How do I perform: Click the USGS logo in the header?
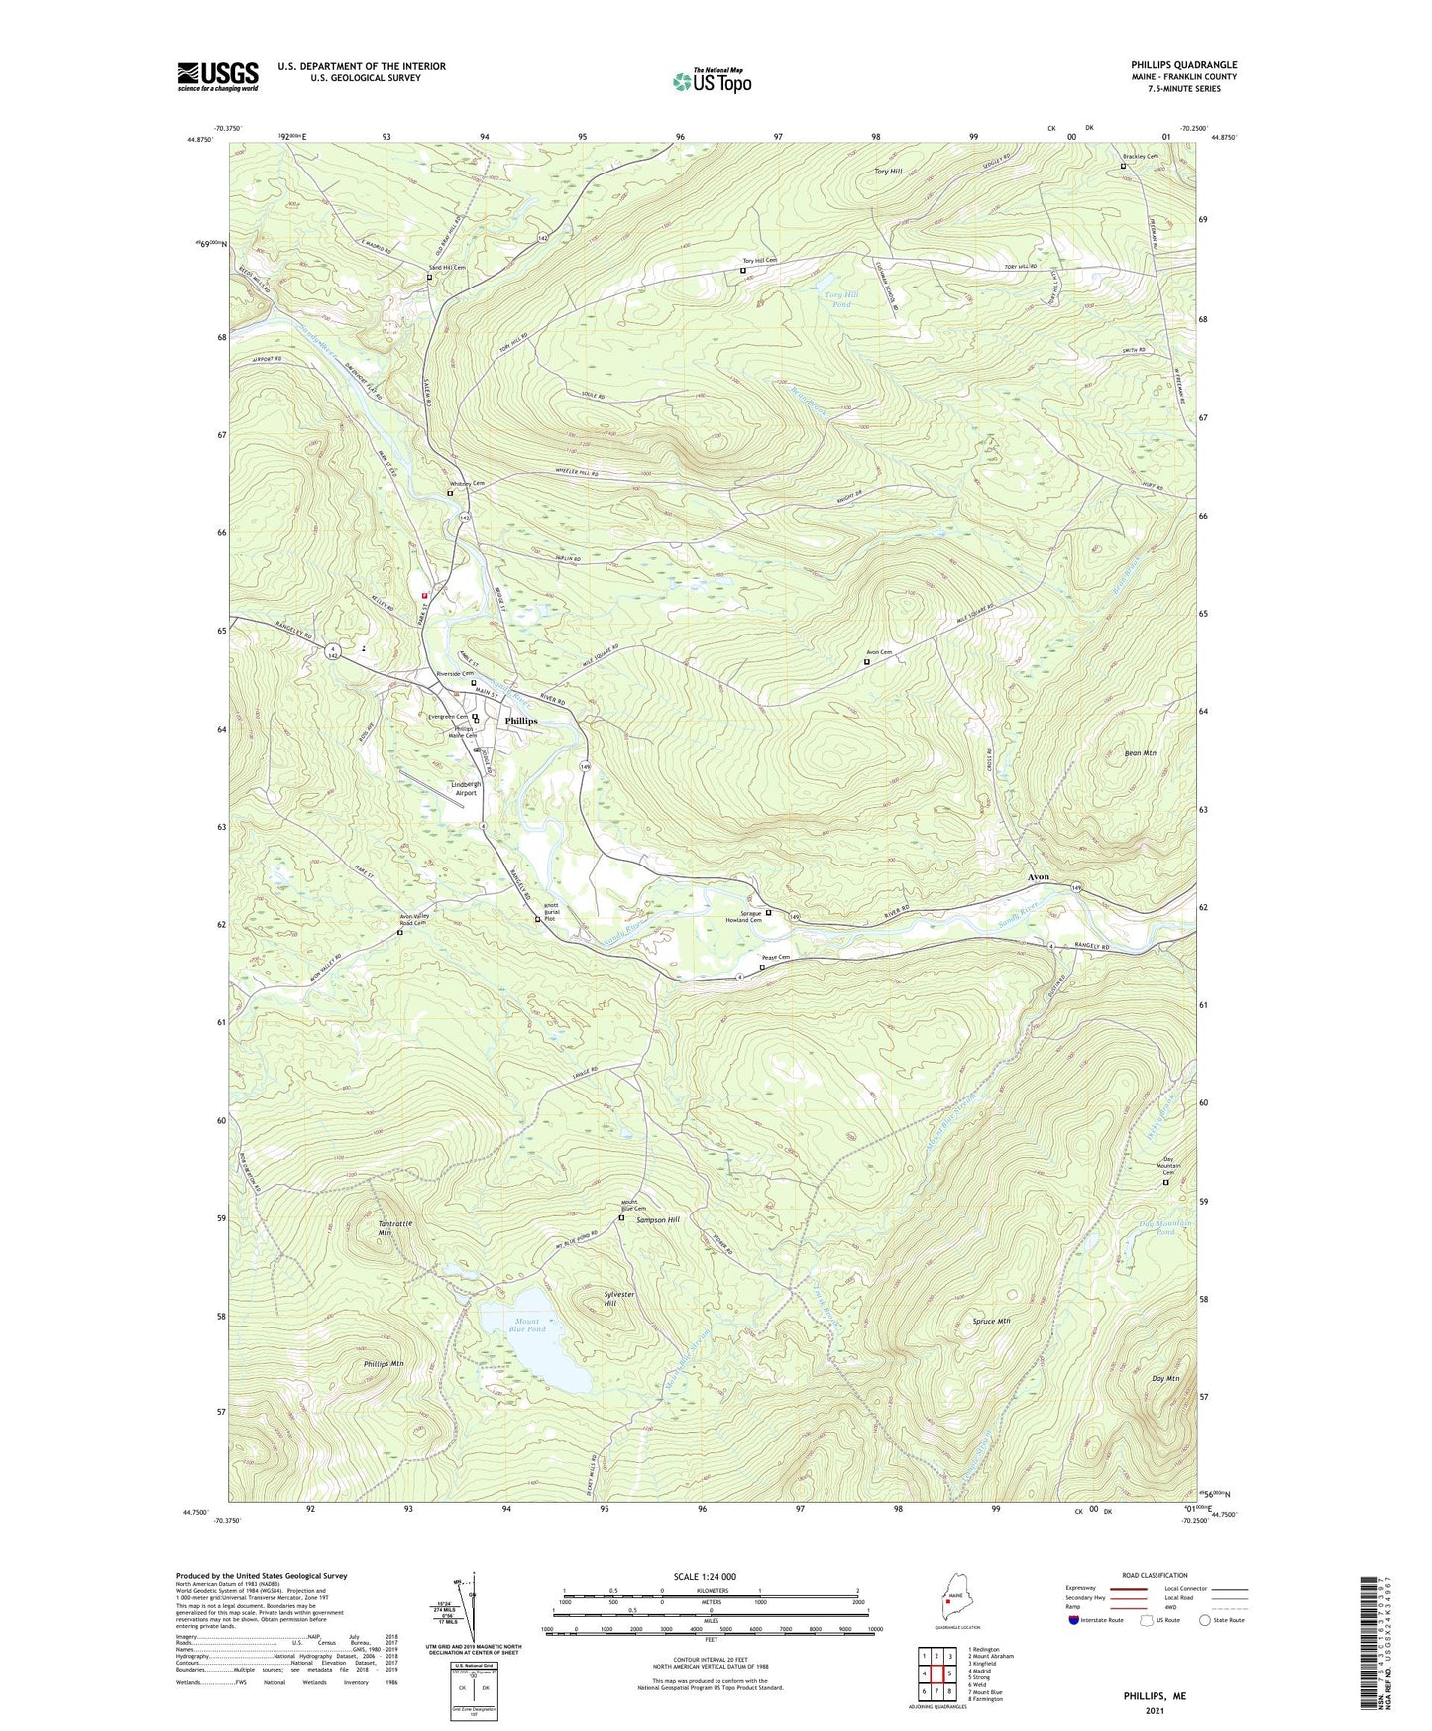tap(218, 76)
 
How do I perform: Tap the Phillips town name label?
tap(521, 721)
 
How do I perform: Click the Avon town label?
tap(1038, 878)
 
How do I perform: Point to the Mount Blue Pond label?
tap(527, 1326)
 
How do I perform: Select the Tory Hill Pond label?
tap(838, 300)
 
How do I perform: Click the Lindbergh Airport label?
tap(457, 788)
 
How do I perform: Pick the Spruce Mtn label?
tap(991, 1322)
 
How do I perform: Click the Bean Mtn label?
tap(1141, 753)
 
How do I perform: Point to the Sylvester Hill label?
tap(618, 1299)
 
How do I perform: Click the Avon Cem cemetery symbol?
tap(867, 661)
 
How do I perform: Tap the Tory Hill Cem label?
tap(760, 261)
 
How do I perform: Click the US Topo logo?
tap(712, 81)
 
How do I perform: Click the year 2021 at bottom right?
tap(1154, 1710)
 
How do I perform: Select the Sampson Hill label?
tap(658, 1220)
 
